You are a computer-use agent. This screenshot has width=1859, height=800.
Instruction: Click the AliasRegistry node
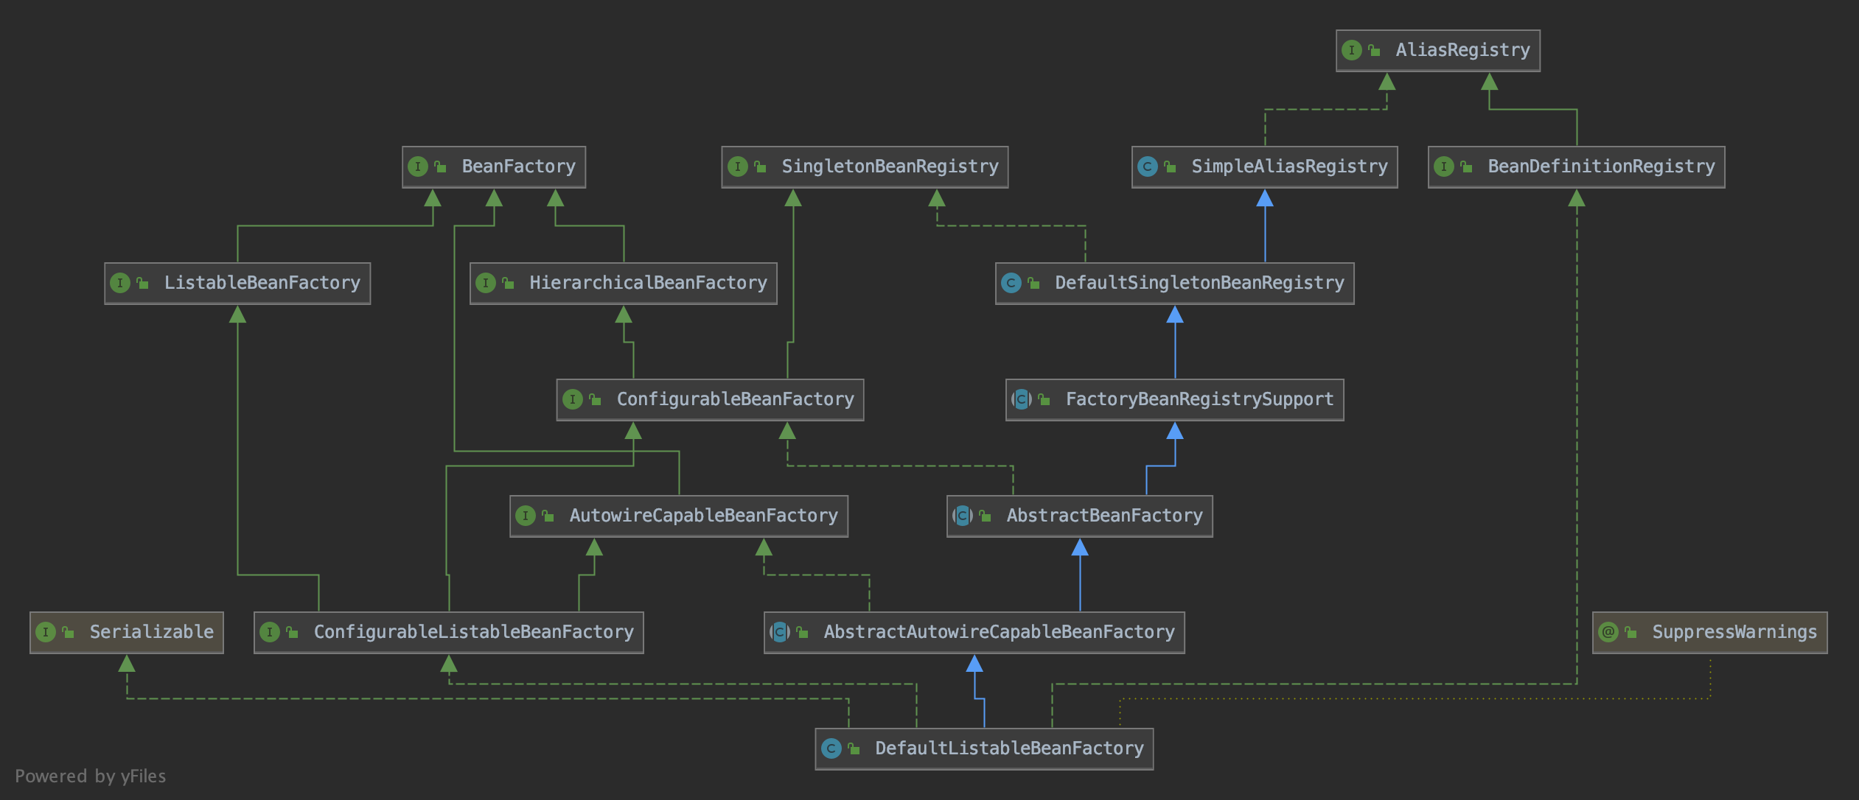(1437, 50)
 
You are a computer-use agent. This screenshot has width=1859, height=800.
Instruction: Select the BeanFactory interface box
(494, 166)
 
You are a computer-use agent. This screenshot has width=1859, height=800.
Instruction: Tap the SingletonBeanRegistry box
(865, 166)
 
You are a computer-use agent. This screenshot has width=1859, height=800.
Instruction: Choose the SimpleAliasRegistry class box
(1264, 166)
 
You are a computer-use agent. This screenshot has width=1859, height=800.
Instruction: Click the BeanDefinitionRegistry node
(1576, 166)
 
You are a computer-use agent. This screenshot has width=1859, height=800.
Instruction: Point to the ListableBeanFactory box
(237, 283)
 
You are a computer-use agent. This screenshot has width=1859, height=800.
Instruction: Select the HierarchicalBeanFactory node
(624, 283)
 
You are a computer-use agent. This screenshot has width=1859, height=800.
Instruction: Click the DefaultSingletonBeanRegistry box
(1174, 283)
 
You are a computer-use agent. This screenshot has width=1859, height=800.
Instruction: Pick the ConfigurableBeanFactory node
(710, 399)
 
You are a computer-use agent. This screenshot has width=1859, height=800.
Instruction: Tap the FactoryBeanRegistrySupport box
(1174, 399)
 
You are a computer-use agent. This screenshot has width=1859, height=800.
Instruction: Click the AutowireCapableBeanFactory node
(678, 516)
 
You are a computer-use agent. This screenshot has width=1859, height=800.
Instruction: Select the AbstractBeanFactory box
(1079, 516)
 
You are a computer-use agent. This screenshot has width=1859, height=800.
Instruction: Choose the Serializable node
(127, 632)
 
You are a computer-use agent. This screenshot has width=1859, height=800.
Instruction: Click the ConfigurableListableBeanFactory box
(448, 632)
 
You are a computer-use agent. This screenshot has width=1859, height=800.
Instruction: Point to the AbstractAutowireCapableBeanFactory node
(974, 632)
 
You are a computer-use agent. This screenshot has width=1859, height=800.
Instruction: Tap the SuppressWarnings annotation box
(1709, 632)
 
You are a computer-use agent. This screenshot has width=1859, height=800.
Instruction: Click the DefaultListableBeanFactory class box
(984, 748)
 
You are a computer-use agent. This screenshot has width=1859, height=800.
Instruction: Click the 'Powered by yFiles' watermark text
(90, 776)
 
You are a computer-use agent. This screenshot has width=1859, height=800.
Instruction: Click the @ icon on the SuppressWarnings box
(1608, 632)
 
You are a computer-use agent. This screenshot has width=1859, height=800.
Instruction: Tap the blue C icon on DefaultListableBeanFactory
(831, 748)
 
